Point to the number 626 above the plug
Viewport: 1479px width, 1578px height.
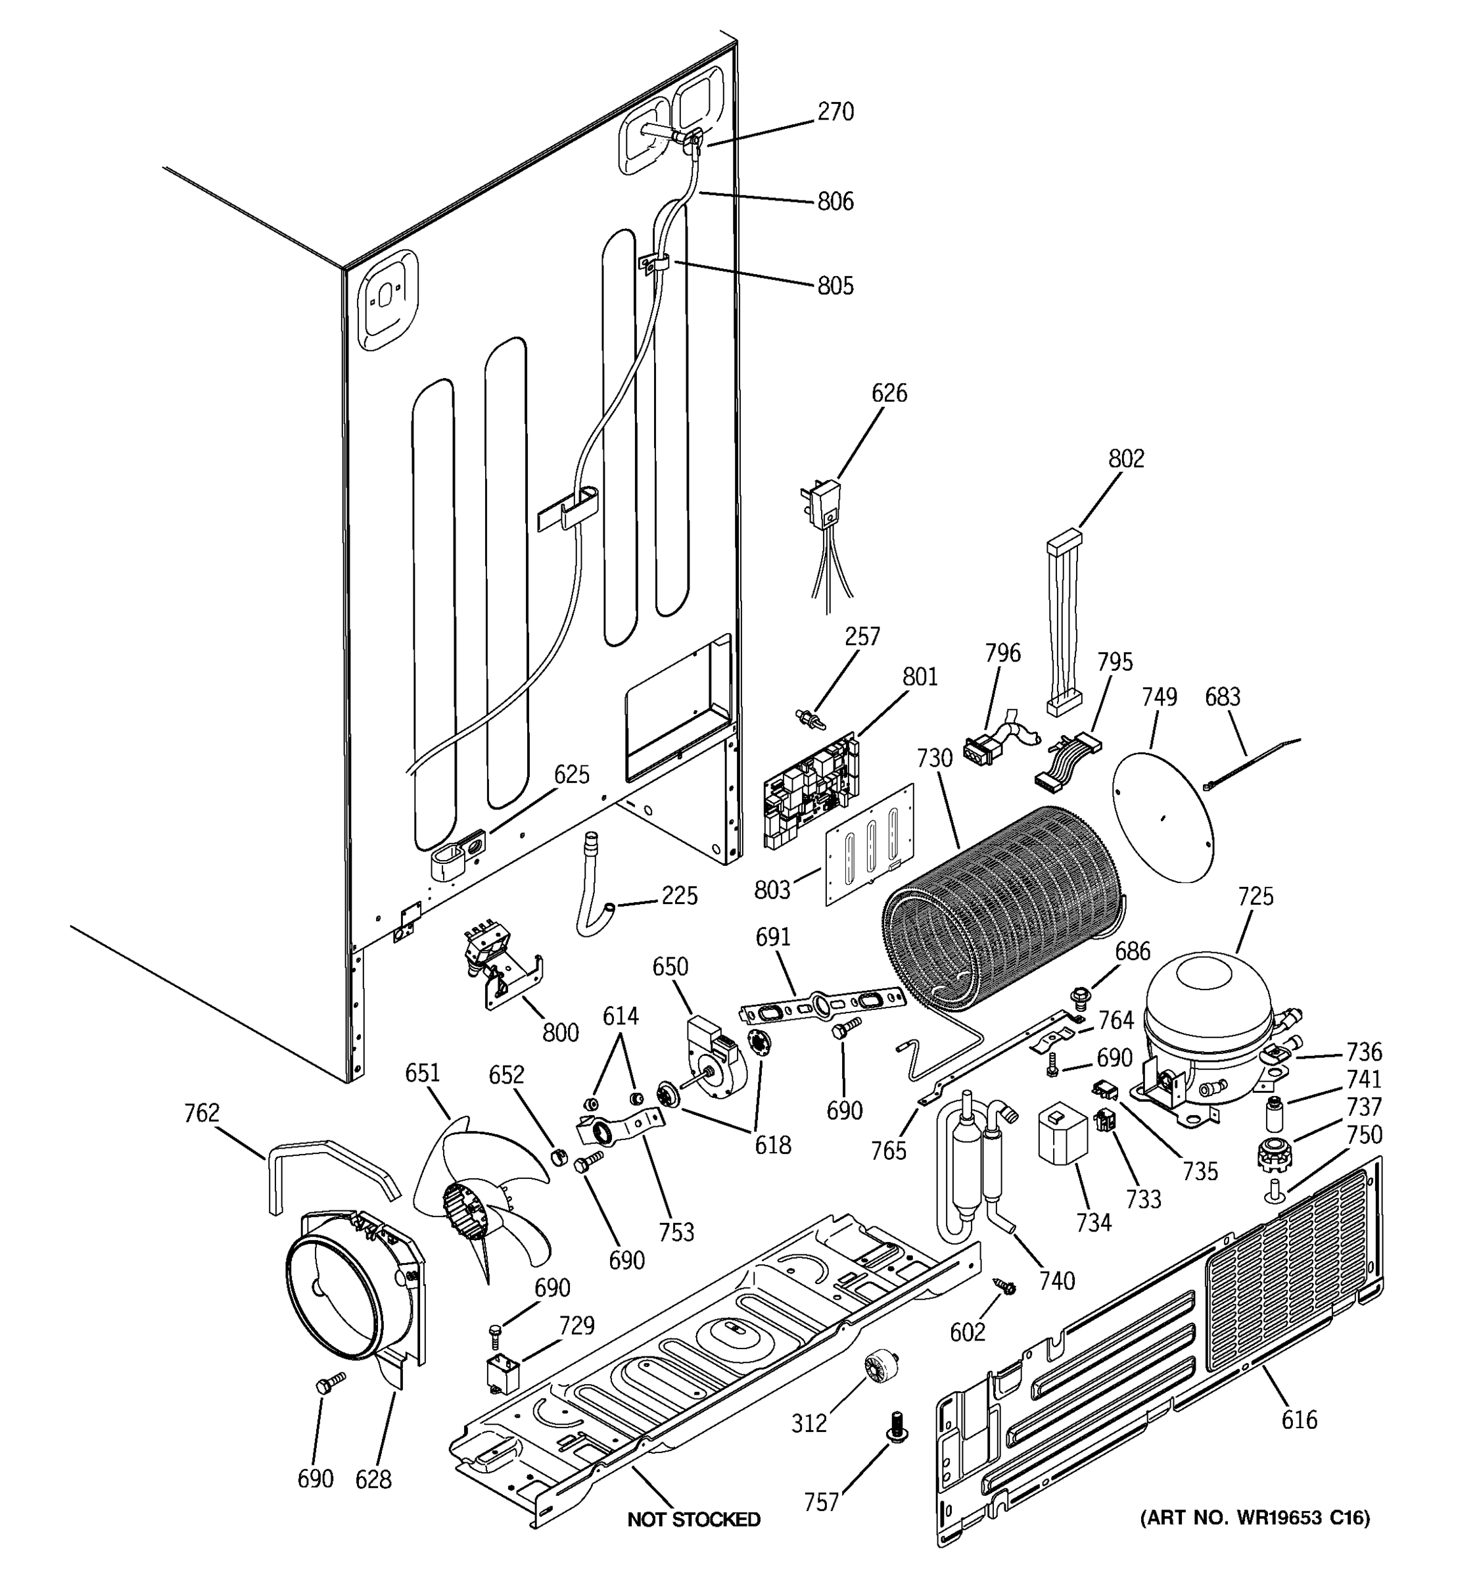point(889,393)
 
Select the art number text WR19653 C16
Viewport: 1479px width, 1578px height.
point(1254,1518)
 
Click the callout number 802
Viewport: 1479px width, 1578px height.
point(1126,459)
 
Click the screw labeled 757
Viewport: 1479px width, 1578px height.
point(896,1426)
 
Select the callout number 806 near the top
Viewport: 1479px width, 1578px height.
point(835,202)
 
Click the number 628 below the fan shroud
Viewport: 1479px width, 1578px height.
point(373,1479)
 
